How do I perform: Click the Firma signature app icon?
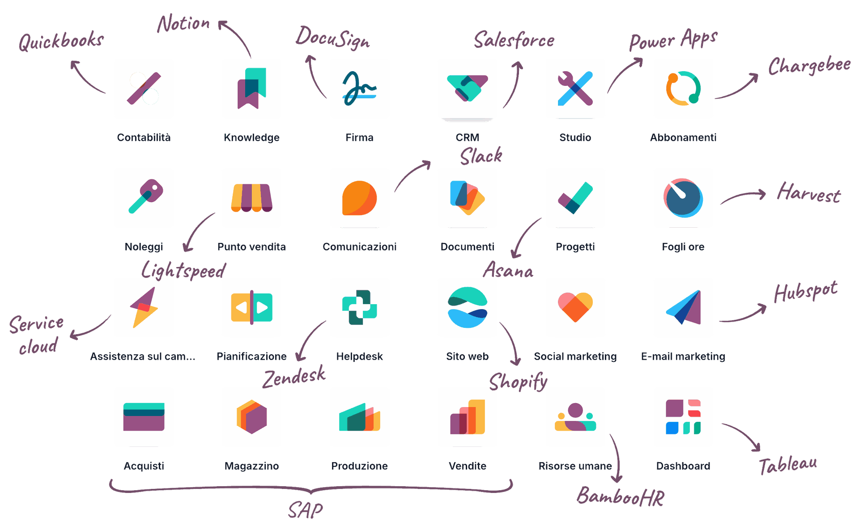click(x=360, y=89)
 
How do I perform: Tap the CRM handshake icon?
click(x=467, y=89)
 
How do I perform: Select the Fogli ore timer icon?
click(x=683, y=198)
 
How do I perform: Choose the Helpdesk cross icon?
click(x=360, y=307)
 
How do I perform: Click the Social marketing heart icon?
click(x=575, y=307)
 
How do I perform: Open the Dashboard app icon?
click(x=683, y=417)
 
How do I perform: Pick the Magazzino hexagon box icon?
click(x=251, y=417)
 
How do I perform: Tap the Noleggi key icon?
click(x=144, y=198)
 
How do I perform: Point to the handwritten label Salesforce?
click(x=514, y=40)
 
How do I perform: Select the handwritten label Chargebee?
click(x=809, y=66)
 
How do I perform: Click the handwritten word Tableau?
click(x=788, y=465)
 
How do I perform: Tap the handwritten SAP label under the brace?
click(x=306, y=510)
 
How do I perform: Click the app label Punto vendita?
click(x=251, y=247)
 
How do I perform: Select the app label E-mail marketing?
click(x=683, y=356)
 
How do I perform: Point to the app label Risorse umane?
click(x=575, y=466)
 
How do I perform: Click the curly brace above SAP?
click(x=311, y=488)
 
